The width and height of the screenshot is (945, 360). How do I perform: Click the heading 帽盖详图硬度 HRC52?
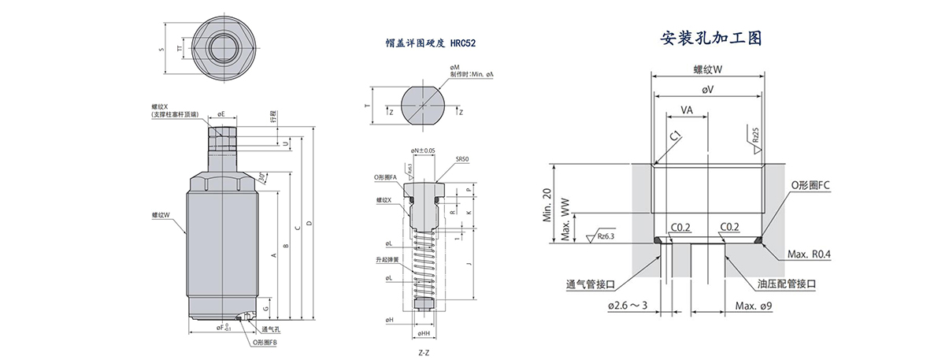click(x=426, y=46)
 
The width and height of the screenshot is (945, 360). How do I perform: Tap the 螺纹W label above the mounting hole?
click(x=708, y=69)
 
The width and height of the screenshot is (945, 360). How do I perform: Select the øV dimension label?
click(x=708, y=91)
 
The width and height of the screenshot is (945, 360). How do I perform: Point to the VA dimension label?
click(x=687, y=112)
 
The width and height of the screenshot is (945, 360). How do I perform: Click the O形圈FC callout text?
click(x=811, y=185)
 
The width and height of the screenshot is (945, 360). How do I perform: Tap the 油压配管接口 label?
click(x=786, y=283)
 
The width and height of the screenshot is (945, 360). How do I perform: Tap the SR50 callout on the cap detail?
click(x=462, y=158)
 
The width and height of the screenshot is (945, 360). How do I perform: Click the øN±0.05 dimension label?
click(x=422, y=150)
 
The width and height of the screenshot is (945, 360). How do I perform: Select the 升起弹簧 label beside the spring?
click(x=387, y=259)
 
